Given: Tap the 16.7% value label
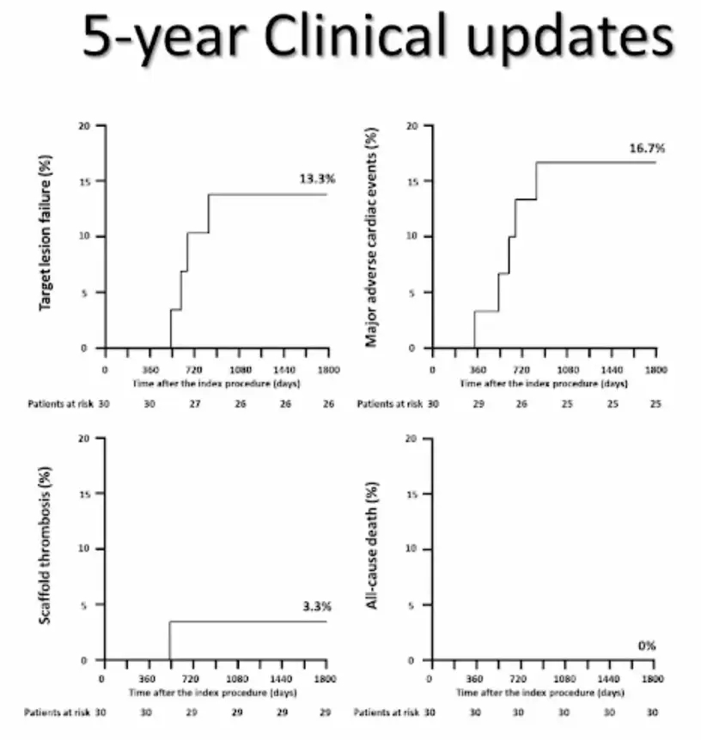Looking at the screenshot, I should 647,148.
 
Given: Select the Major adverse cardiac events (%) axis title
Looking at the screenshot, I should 371,237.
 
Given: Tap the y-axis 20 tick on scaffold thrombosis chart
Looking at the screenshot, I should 84,438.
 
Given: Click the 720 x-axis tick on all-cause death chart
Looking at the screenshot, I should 519,678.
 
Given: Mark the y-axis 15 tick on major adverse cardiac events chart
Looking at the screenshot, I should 412,181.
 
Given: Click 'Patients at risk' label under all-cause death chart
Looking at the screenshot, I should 387,713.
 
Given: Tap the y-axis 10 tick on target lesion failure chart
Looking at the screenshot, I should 87,237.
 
